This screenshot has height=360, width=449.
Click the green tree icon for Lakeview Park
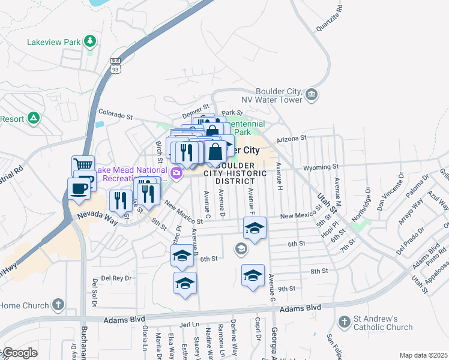tap(89, 41)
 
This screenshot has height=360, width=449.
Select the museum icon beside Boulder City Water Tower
tap(311, 94)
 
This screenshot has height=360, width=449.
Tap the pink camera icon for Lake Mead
tap(176, 174)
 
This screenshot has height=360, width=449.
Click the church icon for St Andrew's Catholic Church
tap(345, 322)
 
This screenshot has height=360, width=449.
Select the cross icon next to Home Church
tap(58, 304)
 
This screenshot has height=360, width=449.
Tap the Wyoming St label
tap(321, 167)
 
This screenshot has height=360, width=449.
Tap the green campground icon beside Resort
tap(34, 118)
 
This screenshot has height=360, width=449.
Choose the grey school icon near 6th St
tap(241, 248)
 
